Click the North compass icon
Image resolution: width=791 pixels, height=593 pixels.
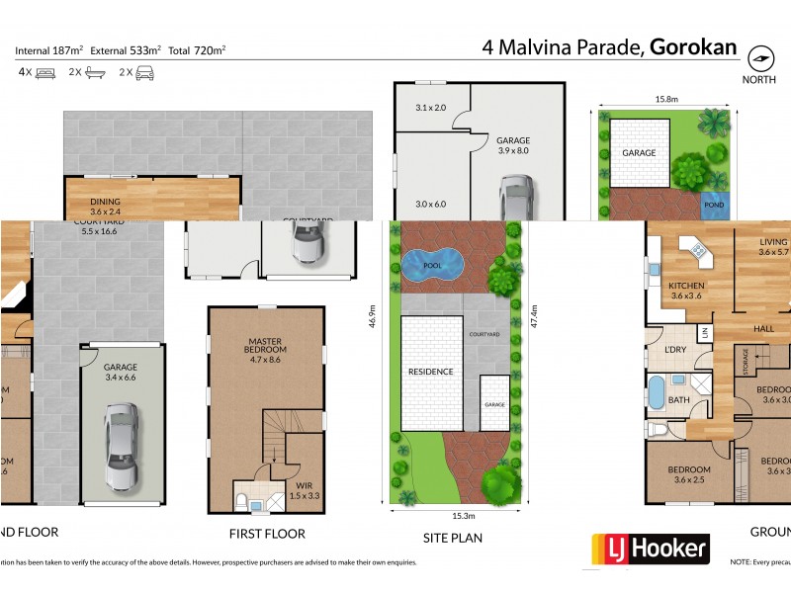(x=758, y=56)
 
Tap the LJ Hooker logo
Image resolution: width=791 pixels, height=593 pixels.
(x=650, y=549)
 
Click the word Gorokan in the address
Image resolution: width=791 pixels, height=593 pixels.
(x=693, y=45)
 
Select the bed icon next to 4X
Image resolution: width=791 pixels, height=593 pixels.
(x=45, y=72)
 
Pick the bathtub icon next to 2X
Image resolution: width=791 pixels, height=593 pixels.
(x=94, y=72)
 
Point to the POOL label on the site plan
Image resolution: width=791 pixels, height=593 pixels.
(x=433, y=265)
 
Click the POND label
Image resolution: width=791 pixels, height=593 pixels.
(x=713, y=206)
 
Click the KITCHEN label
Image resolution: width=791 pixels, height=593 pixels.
(x=685, y=289)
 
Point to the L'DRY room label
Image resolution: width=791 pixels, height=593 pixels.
(x=675, y=350)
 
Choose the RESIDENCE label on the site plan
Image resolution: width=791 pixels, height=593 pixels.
(x=430, y=372)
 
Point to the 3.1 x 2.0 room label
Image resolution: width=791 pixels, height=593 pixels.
(x=431, y=107)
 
